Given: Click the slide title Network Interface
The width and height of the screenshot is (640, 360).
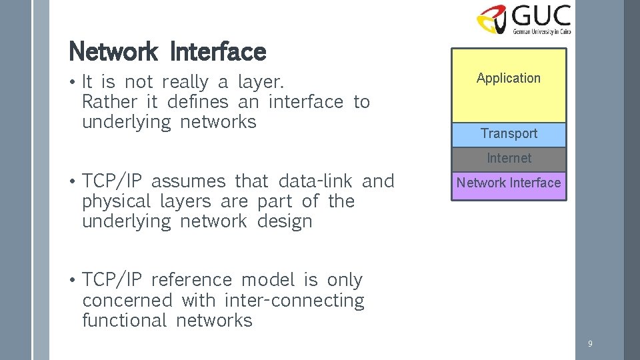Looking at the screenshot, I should point(167,51).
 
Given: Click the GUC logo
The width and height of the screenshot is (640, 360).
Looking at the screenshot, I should point(524,19).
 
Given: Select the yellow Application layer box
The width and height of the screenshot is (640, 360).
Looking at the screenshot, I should point(509,85).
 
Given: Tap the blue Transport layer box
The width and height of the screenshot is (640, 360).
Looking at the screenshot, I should point(509,134).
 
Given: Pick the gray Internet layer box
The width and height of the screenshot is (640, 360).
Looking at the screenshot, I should point(509,159).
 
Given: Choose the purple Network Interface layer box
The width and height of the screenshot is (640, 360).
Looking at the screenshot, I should point(509,183).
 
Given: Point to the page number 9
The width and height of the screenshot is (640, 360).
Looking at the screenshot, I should point(590,344).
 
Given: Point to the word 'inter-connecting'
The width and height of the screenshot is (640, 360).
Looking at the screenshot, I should point(294,301).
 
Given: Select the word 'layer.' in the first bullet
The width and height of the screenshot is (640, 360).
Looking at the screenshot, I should point(261,83).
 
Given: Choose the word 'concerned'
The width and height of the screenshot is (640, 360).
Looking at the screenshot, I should point(127,301).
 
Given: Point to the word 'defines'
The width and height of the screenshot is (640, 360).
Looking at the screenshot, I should point(197,102).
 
